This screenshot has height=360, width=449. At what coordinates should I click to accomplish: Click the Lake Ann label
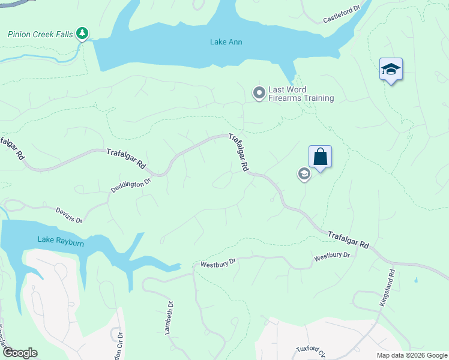[226, 42]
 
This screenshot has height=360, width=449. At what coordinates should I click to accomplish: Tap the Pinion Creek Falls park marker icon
[83, 34]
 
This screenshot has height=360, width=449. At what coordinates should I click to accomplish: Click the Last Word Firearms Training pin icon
[259, 93]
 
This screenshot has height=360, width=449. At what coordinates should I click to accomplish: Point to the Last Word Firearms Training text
[301, 94]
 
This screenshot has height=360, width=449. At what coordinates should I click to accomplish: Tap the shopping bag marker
[321, 157]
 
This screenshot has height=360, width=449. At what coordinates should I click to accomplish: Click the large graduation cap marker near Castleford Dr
[391, 69]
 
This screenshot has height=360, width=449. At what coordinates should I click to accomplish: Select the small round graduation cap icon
[304, 174]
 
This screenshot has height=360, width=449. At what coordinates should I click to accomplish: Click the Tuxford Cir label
[310, 350]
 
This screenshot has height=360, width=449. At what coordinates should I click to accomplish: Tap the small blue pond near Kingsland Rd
[415, 280]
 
